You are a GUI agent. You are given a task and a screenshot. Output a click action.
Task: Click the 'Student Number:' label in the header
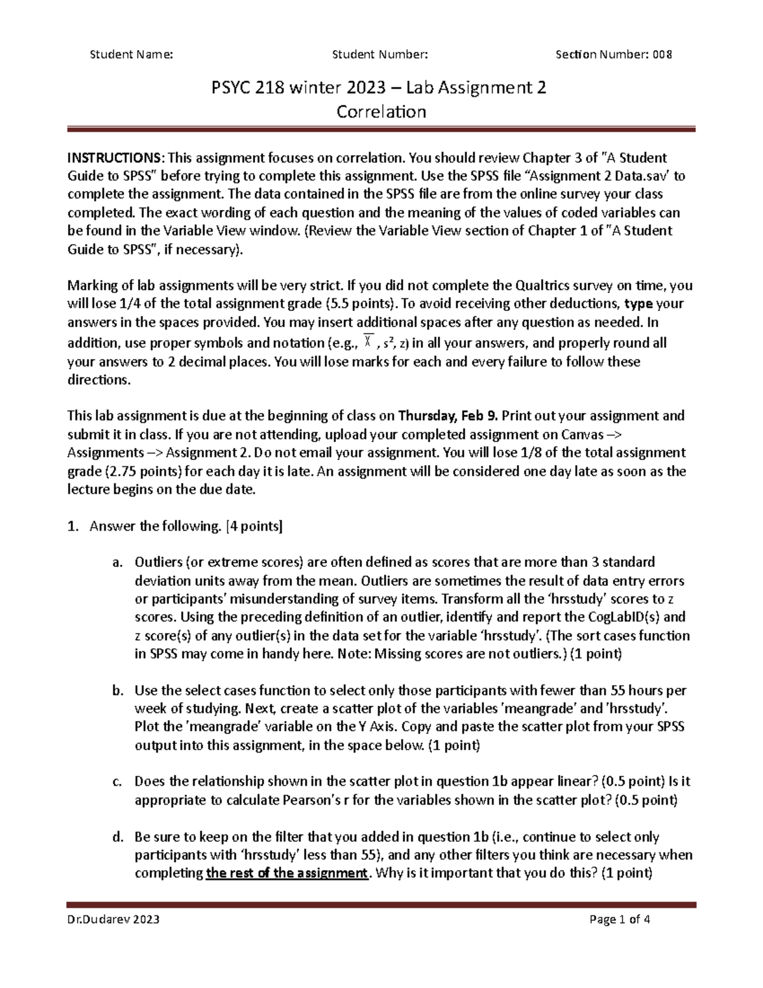pos(380,54)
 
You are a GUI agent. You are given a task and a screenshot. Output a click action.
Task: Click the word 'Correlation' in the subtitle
pos(381,112)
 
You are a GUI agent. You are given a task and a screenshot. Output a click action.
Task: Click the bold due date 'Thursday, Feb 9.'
pos(449,416)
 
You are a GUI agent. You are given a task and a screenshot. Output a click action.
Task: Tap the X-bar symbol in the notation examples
pos(368,343)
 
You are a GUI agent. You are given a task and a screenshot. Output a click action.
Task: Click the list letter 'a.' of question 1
pos(116,562)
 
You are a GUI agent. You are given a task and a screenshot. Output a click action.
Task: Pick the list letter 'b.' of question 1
pos(116,690)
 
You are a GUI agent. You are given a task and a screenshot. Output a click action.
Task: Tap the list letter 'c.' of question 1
pos(116,782)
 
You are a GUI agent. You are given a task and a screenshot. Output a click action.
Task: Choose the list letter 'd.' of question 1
pos(116,837)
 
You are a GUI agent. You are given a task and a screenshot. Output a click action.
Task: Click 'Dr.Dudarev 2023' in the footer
pos(113,919)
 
